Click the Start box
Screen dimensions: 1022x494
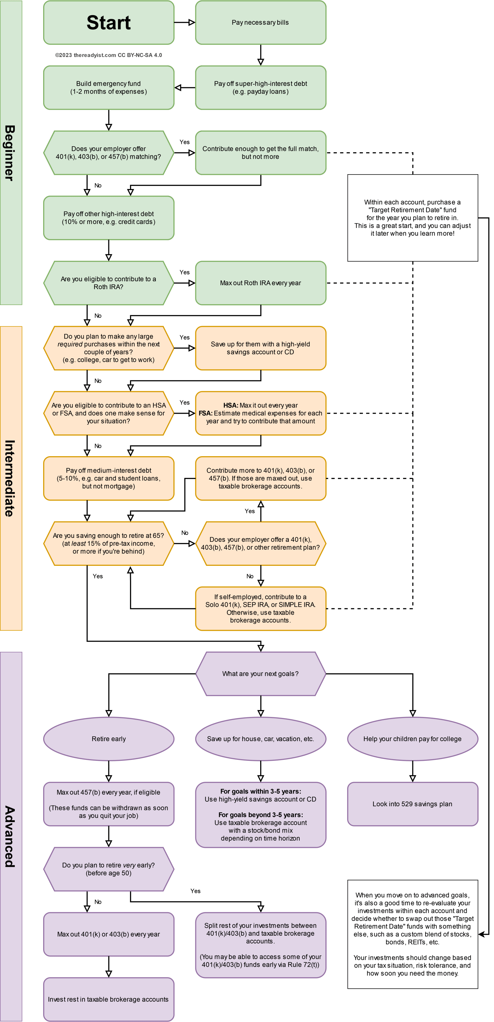(x=108, y=23)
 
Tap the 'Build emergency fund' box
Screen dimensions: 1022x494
(x=108, y=88)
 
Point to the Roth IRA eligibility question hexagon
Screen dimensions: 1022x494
(x=108, y=283)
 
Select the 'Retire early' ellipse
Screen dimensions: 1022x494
(x=108, y=739)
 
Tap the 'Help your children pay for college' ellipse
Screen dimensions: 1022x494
(x=412, y=739)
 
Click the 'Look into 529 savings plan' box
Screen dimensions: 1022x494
(x=412, y=804)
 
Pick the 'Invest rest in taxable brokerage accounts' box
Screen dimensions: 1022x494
(x=108, y=999)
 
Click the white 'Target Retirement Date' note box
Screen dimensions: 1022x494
(x=412, y=218)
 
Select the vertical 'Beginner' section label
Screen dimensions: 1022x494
(x=11, y=153)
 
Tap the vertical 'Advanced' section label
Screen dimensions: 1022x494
(x=11, y=836)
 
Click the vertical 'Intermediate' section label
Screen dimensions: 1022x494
(x=11, y=478)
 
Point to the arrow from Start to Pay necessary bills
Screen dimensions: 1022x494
(x=184, y=23)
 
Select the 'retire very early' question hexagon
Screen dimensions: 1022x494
(x=108, y=869)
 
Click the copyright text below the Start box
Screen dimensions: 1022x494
(x=108, y=55)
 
